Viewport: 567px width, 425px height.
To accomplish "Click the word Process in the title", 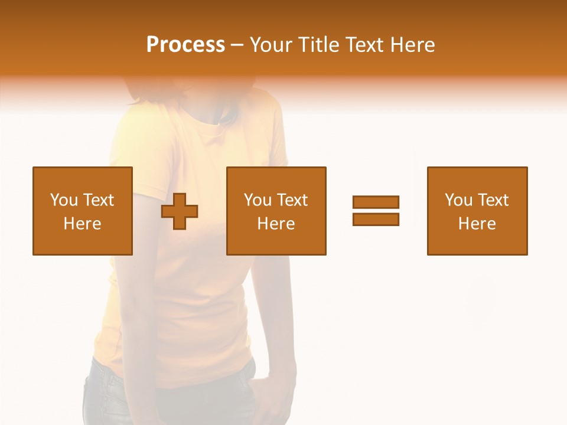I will [185, 45].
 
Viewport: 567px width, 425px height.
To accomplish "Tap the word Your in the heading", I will [272, 45].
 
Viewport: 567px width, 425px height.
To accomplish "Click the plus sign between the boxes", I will [180, 211].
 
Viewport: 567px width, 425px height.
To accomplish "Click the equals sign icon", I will [376, 211].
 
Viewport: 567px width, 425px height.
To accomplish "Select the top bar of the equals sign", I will [376, 202].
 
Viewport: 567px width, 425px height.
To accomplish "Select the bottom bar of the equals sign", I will [376, 219].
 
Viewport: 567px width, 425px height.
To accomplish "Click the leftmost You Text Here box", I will [82, 211].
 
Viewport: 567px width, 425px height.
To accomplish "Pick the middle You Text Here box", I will [276, 211].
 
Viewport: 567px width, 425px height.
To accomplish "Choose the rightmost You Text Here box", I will [477, 211].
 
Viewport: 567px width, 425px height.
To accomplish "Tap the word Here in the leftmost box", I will [82, 224].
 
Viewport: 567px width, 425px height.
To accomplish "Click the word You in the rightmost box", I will [458, 200].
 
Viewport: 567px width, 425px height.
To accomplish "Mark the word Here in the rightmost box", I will [477, 224].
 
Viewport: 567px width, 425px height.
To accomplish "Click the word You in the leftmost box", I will [64, 200].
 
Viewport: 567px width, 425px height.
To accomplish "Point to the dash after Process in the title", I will [237, 45].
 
